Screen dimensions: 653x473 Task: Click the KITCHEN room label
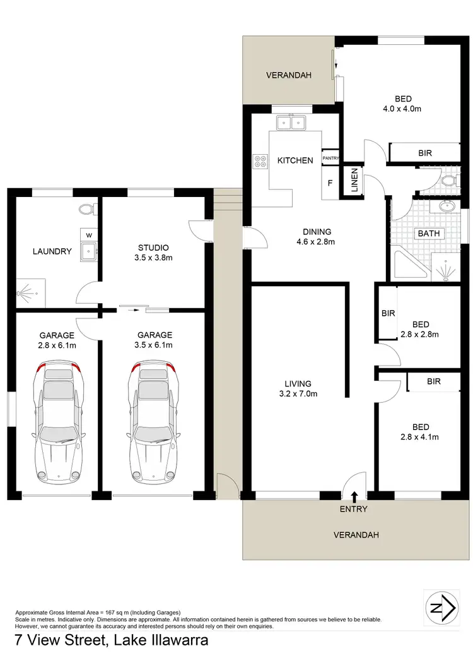(x=295, y=160)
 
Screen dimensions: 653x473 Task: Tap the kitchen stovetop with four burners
(x=259, y=161)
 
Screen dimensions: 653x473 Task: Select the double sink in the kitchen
(x=291, y=123)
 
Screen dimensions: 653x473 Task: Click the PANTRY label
(x=331, y=158)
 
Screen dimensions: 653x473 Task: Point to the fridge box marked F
(x=330, y=184)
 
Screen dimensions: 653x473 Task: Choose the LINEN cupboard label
(x=354, y=181)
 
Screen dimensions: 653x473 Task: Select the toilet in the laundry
(x=86, y=208)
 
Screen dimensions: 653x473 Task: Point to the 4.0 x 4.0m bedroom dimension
(x=403, y=109)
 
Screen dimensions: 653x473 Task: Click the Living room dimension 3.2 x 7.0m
(x=298, y=394)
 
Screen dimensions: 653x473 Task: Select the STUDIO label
(x=155, y=248)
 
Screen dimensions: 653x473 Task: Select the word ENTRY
(x=354, y=509)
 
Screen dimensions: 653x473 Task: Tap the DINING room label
(x=316, y=232)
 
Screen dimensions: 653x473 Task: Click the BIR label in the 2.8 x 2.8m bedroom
(x=388, y=313)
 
